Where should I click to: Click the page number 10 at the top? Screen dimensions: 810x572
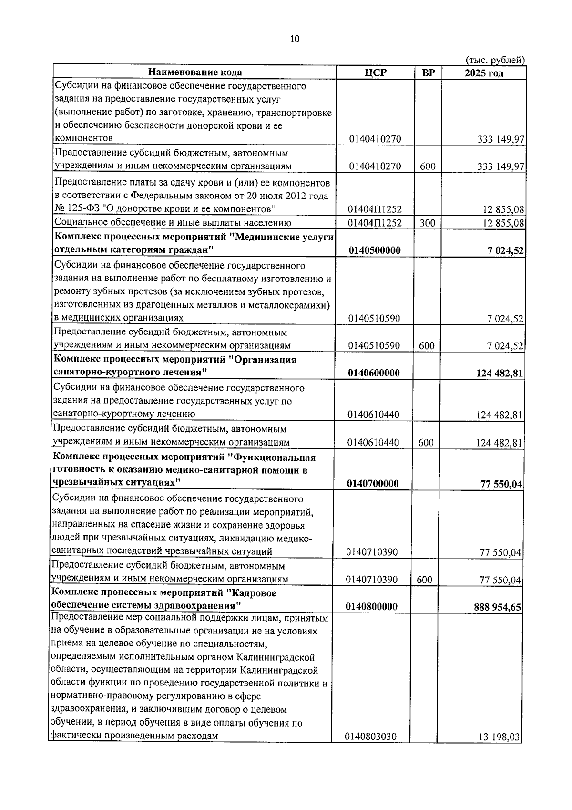[295, 39]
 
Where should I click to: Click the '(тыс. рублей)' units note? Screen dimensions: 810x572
[495, 60]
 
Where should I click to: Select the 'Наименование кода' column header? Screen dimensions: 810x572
[194, 73]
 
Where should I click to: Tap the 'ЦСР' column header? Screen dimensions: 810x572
[375, 73]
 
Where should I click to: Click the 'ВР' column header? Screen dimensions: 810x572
[428, 73]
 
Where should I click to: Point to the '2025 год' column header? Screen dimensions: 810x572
[484, 73]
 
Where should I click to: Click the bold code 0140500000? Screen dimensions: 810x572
[374, 250]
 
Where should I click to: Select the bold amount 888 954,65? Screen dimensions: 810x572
[497, 607]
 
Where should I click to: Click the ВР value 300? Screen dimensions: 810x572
[427, 223]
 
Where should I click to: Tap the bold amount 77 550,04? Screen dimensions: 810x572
[501, 484]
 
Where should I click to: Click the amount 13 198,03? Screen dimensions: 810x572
[499, 750]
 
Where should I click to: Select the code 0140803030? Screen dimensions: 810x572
[371, 750]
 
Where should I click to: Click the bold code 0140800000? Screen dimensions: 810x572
[372, 607]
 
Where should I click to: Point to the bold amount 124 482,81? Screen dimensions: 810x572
[499, 373]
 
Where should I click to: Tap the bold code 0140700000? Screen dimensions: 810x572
[373, 484]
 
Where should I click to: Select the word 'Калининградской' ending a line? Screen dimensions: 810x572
[277, 657]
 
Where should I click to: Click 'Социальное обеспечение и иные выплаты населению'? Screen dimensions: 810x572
[173, 223]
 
